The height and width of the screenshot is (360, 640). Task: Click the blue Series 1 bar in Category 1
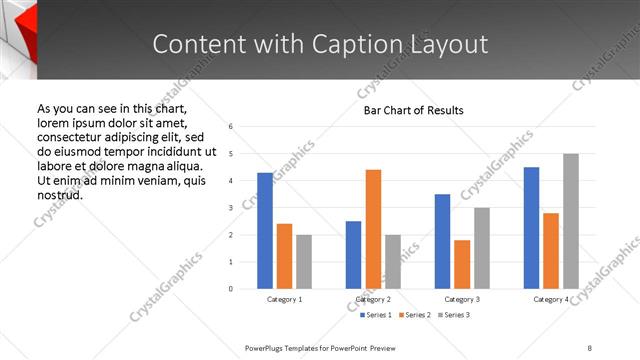click(x=265, y=231)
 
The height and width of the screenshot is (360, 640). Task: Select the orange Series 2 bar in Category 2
click(x=373, y=229)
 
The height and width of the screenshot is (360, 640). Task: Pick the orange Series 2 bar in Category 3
click(x=462, y=264)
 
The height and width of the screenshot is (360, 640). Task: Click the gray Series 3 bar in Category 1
click(x=304, y=262)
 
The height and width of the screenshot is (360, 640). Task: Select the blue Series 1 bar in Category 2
click(x=354, y=255)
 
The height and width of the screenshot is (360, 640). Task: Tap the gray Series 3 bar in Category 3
click(x=482, y=248)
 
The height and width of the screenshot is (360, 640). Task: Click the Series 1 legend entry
click(x=374, y=315)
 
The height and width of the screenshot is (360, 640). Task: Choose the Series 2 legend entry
click(x=414, y=315)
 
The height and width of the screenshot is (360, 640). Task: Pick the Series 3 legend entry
click(x=453, y=315)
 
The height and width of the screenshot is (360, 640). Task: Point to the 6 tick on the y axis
click(x=230, y=127)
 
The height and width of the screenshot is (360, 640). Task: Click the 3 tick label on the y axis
click(x=230, y=208)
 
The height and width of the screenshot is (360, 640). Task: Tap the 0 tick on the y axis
click(x=230, y=289)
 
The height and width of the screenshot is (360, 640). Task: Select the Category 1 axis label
click(x=285, y=300)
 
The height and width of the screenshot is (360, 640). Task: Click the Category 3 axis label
click(x=462, y=300)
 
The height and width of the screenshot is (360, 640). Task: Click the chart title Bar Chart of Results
click(x=413, y=110)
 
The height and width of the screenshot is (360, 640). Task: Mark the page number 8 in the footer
click(x=590, y=347)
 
